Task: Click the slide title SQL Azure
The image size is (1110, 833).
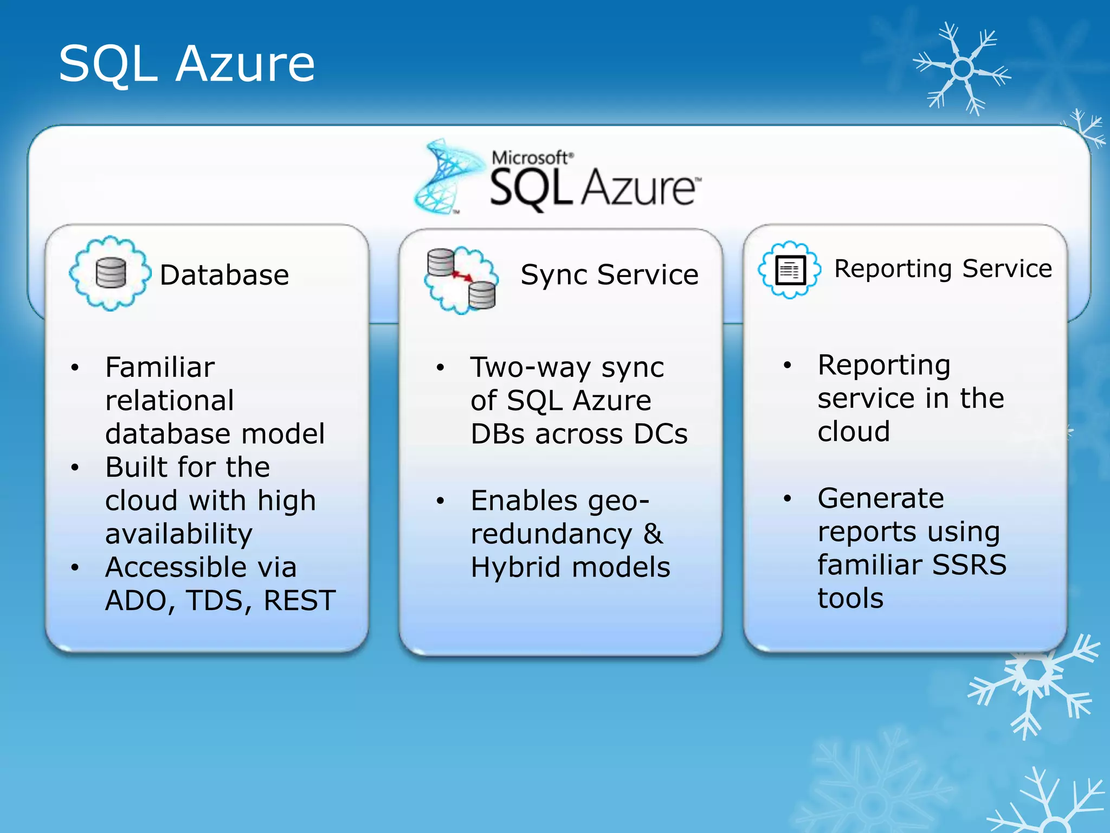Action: coord(186,64)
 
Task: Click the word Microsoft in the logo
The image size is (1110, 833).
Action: coord(530,158)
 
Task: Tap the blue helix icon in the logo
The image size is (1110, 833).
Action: coord(447,176)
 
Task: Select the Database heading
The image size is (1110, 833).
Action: coord(224,275)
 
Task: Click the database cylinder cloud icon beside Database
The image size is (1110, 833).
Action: coord(111,273)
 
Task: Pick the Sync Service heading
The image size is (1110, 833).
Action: coord(609,274)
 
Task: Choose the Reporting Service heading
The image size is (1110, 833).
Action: coord(943,268)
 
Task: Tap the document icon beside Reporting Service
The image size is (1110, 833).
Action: coord(790,270)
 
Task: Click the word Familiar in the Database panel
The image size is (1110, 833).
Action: coord(160,367)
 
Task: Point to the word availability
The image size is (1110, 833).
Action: coord(179,534)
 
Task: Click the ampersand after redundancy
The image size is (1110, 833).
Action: coord(653,534)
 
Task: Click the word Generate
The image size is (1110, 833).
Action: coord(881,498)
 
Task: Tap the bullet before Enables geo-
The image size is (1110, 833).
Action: coord(440,501)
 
